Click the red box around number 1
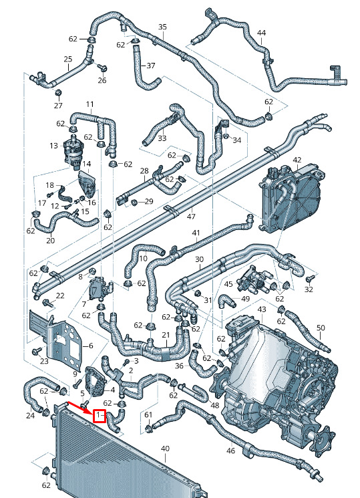(99, 415)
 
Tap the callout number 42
(297, 160)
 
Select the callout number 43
(262, 309)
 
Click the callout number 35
(162, 27)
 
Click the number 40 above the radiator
(165, 449)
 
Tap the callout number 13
(53, 146)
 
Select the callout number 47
(191, 217)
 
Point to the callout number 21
(166, 335)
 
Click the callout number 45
(228, 284)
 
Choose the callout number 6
(91, 345)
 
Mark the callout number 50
(321, 328)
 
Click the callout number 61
(148, 415)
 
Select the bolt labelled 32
(309, 279)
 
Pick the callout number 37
(151, 66)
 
